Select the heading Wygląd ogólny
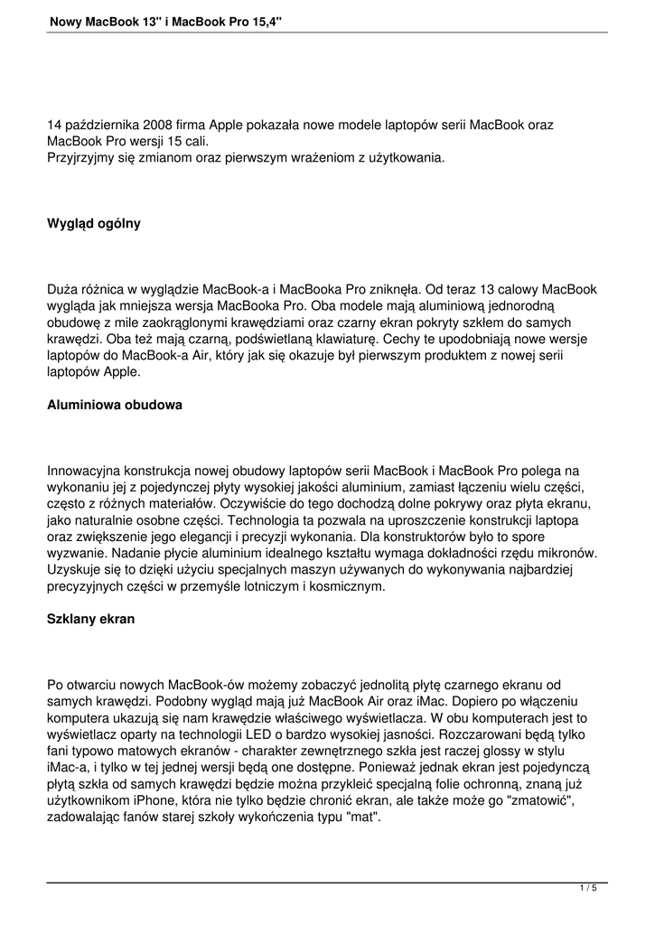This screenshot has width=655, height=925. point(94,223)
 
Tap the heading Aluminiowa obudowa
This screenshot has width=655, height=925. point(115,405)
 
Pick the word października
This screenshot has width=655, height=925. point(97,124)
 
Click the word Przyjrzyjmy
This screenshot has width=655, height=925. point(81,158)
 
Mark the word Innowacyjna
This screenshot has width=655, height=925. point(83,471)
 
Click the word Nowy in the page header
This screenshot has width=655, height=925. point(64,20)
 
